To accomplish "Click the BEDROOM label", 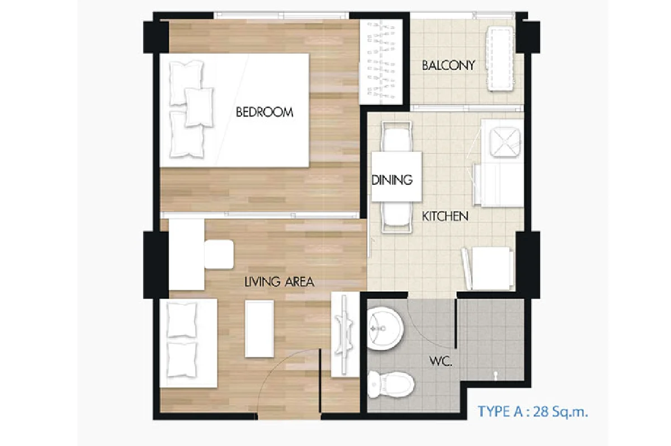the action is click(264, 112).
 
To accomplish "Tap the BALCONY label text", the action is click(448, 65).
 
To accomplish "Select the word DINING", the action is click(392, 180).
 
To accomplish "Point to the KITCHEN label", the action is click(445, 216).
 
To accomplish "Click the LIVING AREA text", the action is click(279, 282).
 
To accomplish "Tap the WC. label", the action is click(441, 362).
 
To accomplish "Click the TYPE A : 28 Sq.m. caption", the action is click(533, 411).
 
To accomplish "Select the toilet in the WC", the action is click(391, 385).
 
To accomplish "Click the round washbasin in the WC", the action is click(385, 328).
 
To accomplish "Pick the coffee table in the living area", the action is click(259, 329).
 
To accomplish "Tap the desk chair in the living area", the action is click(219, 254).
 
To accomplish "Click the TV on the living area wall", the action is click(344, 334).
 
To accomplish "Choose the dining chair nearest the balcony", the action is click(396, 137).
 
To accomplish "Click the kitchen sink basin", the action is click(505, 142).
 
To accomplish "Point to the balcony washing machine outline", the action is click(500, 59).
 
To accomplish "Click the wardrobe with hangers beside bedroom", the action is click(381, 62).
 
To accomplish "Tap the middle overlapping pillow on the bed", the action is click(199, 107).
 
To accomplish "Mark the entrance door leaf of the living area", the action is click(320, 381).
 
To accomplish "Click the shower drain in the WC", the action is click(496, 375).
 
